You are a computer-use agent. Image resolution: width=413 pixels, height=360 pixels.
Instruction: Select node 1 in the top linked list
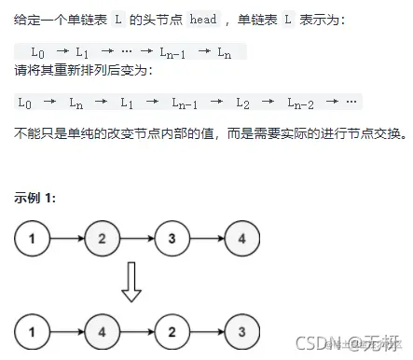(x=32, y=240)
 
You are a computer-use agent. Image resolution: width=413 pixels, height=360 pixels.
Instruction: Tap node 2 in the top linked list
(x=102, y=240)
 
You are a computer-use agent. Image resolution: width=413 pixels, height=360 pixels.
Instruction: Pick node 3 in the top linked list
(x=172, y=240)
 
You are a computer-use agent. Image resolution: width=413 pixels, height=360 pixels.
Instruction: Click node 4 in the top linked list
(x=242, y=240)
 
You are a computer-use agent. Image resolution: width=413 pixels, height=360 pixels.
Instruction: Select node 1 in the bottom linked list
(x=32, y=330)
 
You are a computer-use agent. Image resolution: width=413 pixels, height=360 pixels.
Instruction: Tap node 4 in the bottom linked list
(x=102, y=330)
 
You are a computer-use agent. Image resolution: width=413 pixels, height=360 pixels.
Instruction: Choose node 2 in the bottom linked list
(x=172, y=330)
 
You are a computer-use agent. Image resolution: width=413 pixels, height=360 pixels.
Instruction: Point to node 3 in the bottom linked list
(x=242, y=330)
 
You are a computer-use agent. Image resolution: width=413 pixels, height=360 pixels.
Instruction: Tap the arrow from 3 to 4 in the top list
(x=207, y=240)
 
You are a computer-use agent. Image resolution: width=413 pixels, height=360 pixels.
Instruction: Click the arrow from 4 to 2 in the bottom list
(x=137, y=330)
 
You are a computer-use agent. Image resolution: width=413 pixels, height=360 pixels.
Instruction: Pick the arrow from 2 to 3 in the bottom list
(x=207, y=330)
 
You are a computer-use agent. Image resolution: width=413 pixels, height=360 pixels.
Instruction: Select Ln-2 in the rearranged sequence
(x=300, y=101)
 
